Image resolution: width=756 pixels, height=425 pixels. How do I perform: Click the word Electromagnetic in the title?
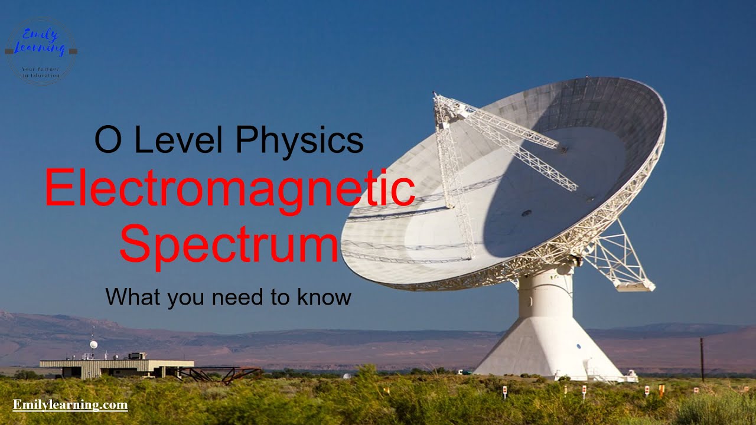pos(229,187)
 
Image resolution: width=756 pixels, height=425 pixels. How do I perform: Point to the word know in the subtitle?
pos(324,296)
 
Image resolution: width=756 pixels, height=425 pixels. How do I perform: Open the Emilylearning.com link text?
pos(70,405)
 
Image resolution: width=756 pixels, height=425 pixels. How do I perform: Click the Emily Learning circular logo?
pos(41,51)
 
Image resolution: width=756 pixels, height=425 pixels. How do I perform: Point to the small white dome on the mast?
pos(93,344)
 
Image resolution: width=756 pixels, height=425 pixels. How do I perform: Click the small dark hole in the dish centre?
pos(526,213)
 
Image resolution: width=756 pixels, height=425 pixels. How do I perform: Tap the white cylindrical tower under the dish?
pos(545,292)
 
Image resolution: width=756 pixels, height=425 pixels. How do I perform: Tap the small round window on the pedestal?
pos(579,346)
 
